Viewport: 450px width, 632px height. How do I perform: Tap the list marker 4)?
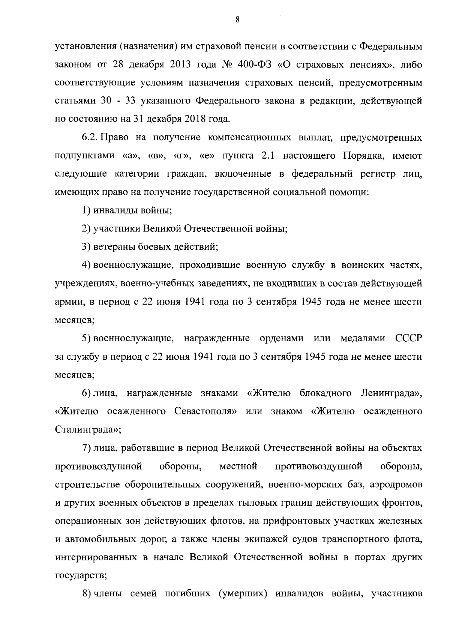coord(86,266)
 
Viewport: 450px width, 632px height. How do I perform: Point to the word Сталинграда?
coord(87,430)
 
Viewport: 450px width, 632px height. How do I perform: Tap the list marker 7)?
coord(86,448)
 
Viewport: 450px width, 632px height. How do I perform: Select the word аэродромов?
coord(396,485)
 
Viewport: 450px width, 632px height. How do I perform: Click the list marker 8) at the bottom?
coord(86,594)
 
